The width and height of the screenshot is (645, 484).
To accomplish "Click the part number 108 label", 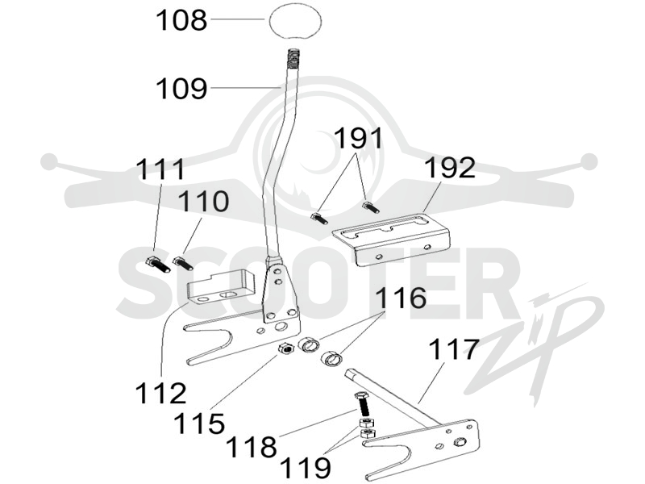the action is tap(181, 20).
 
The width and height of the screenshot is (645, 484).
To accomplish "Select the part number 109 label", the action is tap(181, 89).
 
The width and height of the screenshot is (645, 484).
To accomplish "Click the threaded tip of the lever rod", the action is tap(292, 58).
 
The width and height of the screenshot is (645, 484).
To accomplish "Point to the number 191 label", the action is tap(358, 138).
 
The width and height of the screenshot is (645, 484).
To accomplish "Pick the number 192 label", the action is tap(450, 168).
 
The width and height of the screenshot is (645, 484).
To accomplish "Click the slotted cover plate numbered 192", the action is tap(391, 238).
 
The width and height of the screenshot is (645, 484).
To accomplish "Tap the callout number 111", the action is tap(160, 169).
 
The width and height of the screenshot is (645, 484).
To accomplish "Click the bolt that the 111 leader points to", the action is tap(158, 265).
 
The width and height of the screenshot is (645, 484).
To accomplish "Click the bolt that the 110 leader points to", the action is tap(183, 264).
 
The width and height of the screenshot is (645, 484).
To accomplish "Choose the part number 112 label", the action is tap(160, 393).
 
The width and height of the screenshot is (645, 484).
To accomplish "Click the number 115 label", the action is tap(199, 423).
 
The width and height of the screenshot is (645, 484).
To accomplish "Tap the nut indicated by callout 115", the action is tap(285, 348).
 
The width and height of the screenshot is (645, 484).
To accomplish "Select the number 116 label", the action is tap(401, 298).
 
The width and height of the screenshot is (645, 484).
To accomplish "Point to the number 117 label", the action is tap(454, 349).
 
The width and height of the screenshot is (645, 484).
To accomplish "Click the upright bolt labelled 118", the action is tap(361, 404).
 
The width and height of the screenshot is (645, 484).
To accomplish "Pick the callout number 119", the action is tap(305, 468).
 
